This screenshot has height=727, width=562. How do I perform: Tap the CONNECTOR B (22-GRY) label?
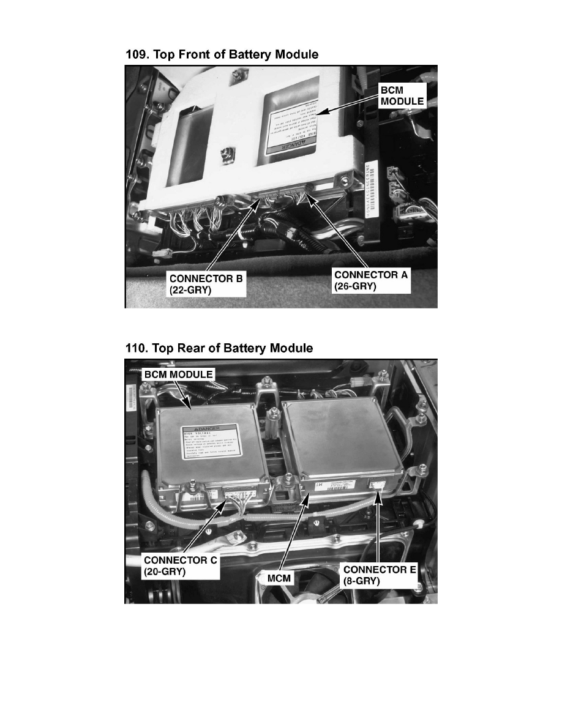click(206, 285)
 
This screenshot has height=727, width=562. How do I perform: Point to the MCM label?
click(279, 577)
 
